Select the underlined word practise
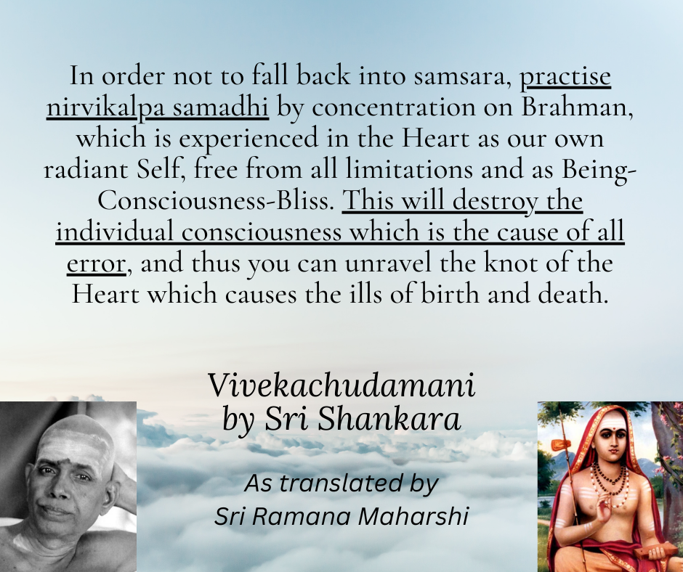(x=565, y=76)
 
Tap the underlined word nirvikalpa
(x=105, y=107)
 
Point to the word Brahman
(x=577, y=106)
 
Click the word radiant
(x=86, y=169)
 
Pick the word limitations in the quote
(x=409, y=169)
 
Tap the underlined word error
(x=96, y=263)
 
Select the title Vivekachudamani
(x=341, y=385)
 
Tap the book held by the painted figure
(x=651, y=551)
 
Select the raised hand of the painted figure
(x=604, y=510)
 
